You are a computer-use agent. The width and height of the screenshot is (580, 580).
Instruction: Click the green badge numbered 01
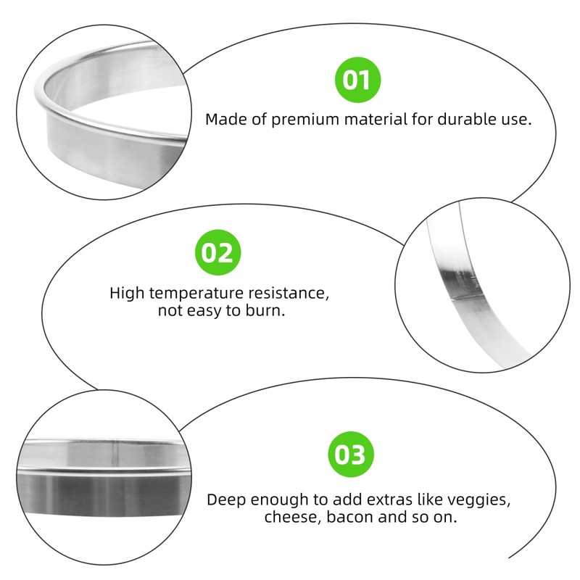(x=356, y=80)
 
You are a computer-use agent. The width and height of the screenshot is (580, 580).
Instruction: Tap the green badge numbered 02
(x=216, y=253)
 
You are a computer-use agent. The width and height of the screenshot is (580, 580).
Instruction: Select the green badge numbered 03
(x=351, y=455)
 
